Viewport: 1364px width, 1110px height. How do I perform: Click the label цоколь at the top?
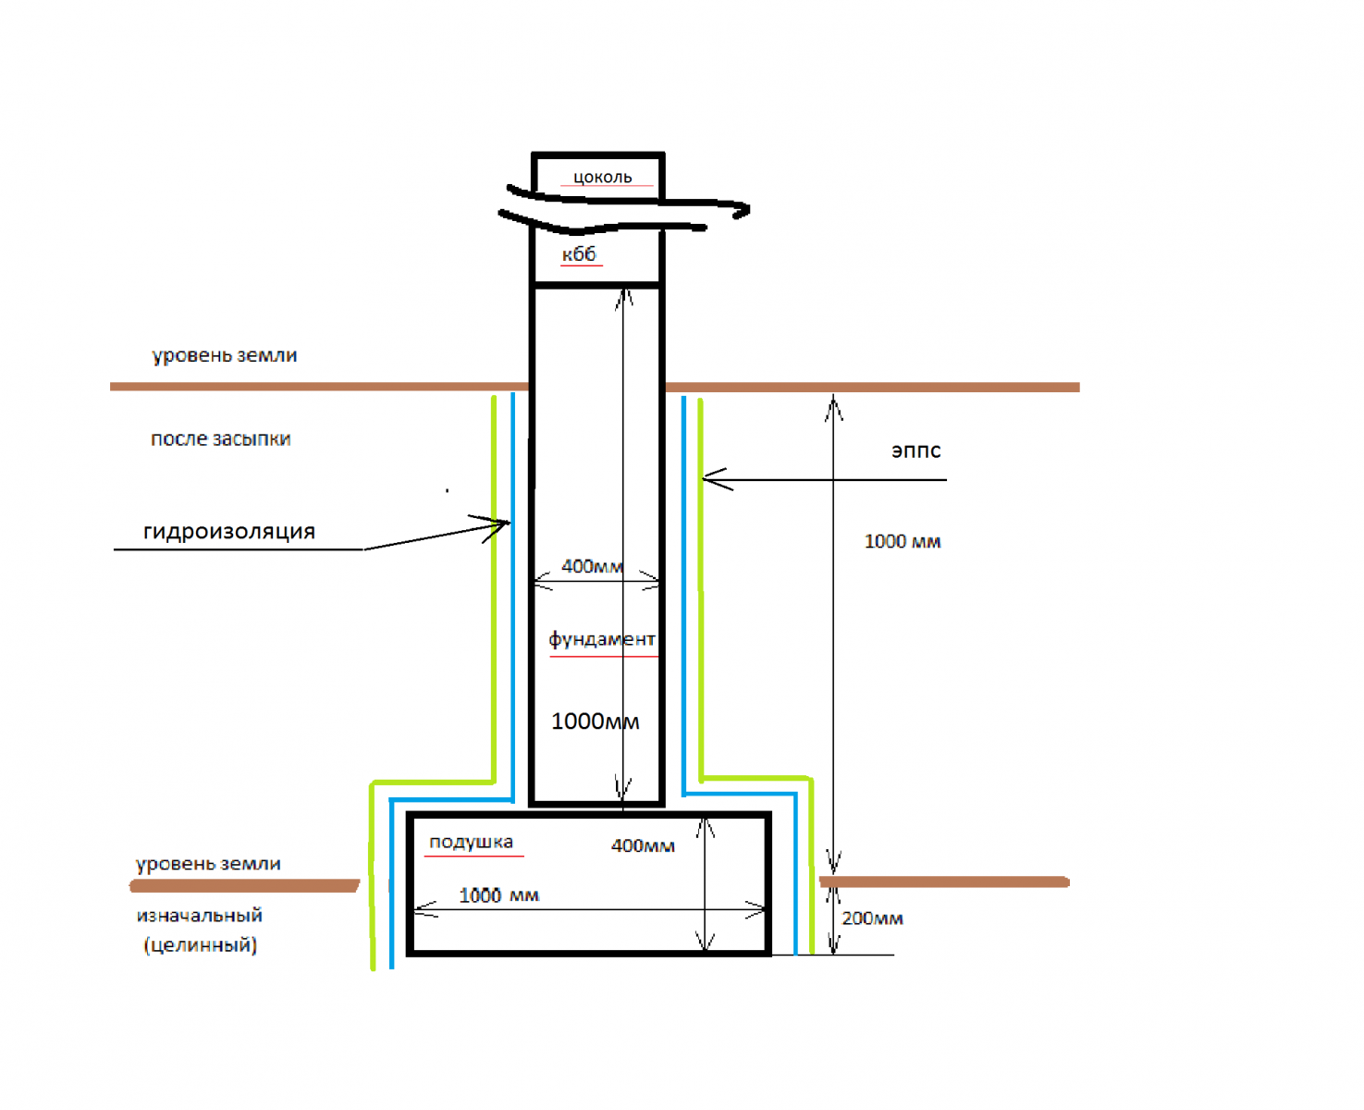pyautogui.click(x=602, y=177)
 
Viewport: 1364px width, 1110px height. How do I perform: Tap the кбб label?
pyautogui.click(x=579, y=254)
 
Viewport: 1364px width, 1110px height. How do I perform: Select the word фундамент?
pyautogui.click(x=601, y=638)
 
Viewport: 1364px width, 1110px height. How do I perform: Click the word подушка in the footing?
pyautogui.click(x=471, y=842)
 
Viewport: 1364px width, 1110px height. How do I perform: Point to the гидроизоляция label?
pyautogui.click(x=229, y=531)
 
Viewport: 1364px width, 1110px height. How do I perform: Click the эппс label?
pyautogui.click(x=915, y=450)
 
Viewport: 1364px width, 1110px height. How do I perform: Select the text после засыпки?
pyautogui.click(x=220, y=438)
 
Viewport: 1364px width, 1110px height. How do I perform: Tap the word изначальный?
pyautogui.click(x=199, y=915)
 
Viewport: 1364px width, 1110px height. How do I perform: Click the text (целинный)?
pyautogui.click(x=201, y=944)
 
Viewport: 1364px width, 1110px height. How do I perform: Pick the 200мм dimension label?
pyautogui.click(x=872, y=919)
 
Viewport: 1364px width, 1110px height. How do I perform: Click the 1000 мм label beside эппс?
pyautogui.click(x=903, y=541)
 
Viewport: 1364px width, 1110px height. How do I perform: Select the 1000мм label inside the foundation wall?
pyautogui.click(x=595, y=721)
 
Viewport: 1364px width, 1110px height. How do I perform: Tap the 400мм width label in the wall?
pyautogui.click(x=592, y=566)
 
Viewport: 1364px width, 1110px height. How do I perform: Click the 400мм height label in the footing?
pyautogui.click(x=643, y=845)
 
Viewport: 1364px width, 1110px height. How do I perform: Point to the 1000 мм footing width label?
pyautogui.click(x=498, y=894)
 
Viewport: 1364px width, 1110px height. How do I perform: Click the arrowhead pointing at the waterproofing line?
pyautogui.click(x=510, y=524)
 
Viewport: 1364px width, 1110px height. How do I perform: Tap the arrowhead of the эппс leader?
pyautogui.click(x=704, y=478)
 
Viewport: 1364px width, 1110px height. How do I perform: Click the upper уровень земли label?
pyautogui.click(x=224, y=355)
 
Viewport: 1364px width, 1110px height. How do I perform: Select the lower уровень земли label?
pyautogui.click(x=208, y=863)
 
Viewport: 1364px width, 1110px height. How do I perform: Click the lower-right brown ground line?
pyautogui.click(x=944, y=882)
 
